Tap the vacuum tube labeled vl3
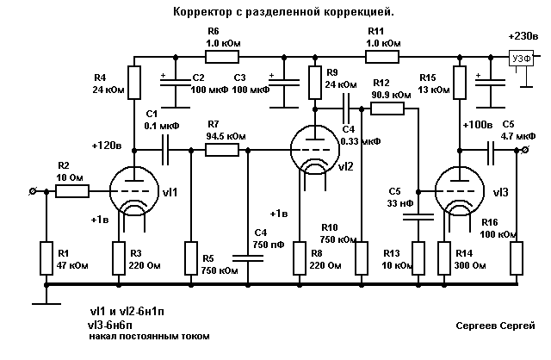click(x=456, y=190)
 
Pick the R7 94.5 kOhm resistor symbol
click(x=222, y=150)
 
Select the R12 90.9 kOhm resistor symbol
click(x=387, y=109)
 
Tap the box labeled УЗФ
click(x=521, y=59)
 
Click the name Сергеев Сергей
click(x=497, y=326)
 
